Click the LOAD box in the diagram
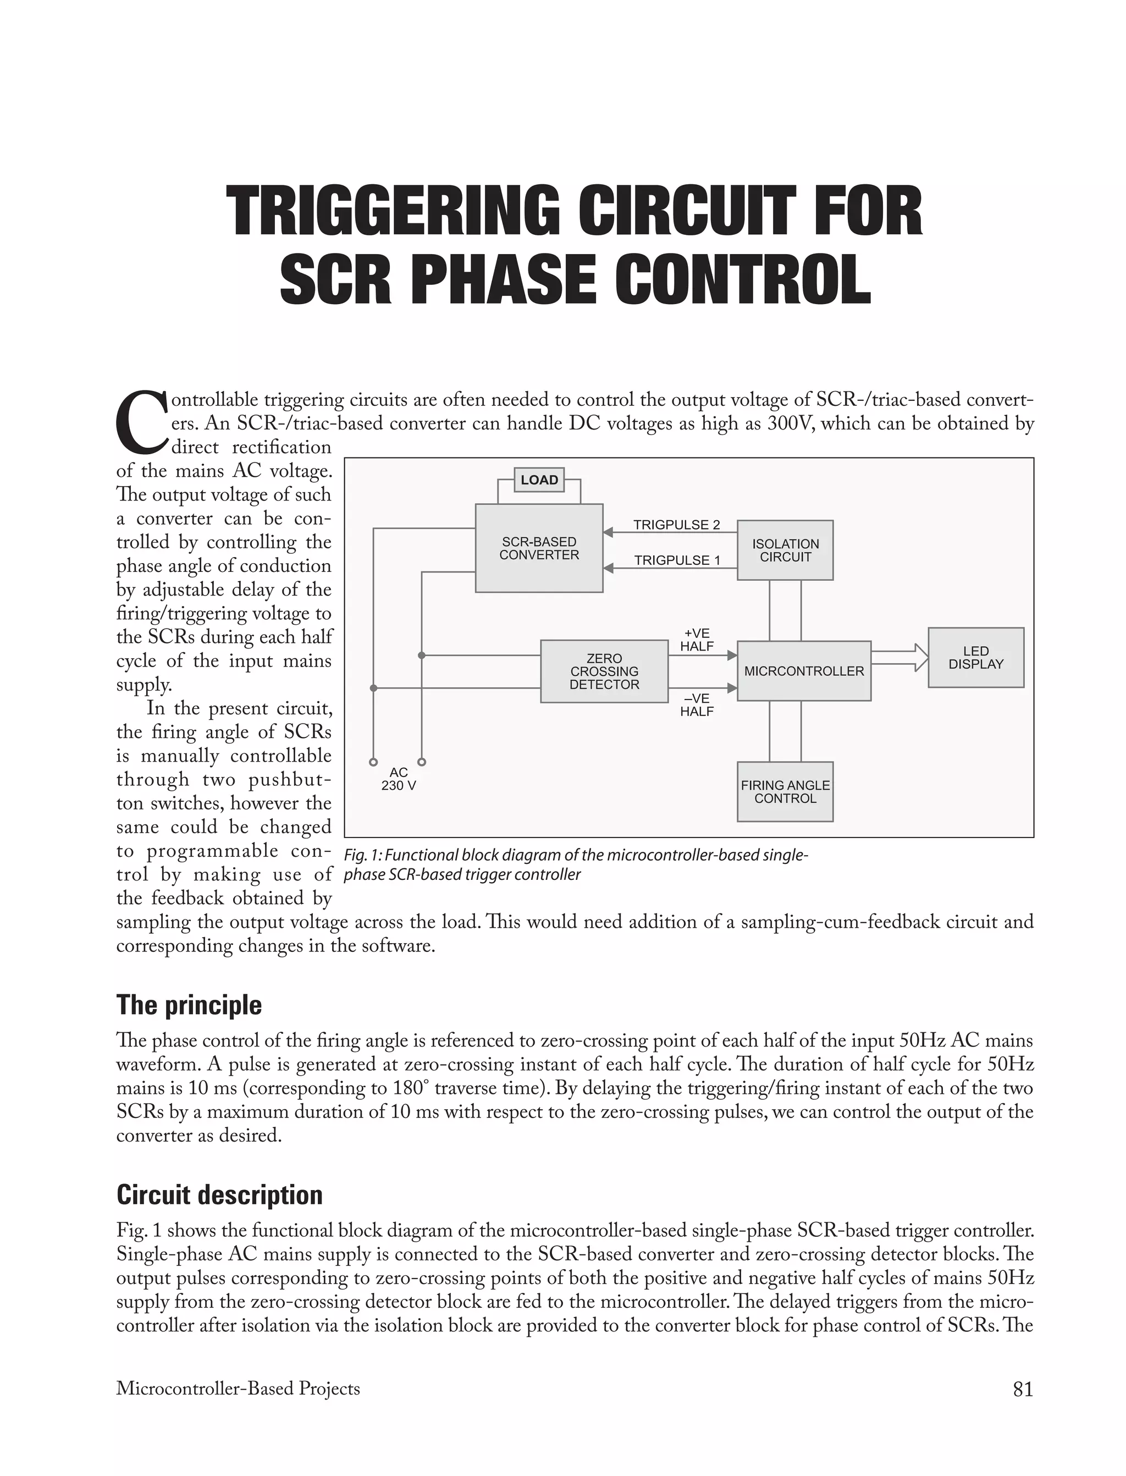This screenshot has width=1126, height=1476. pyautogui.click(x=539, y=480)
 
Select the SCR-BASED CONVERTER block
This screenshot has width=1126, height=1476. pyautogui.click(x=539, y=548)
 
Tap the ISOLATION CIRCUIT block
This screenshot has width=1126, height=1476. pyautogui.click(x=785, y=550)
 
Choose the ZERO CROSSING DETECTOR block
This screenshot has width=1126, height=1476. pyautogui.click(x=604, y=671)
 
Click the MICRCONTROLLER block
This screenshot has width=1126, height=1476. pyautogui.click(x=804, y=671)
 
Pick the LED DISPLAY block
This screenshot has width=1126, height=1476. pyautogui.click(x=975, y=658)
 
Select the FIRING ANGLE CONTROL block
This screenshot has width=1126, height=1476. pyautogui.click(x=785, y=792)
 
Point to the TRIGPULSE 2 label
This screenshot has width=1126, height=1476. pyautogui.click(x=676, y=525)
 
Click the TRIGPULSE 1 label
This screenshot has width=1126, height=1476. pyautogui.click(x=677, y=560)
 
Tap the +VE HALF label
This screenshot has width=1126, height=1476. pyautogui.click(x=697, y=640)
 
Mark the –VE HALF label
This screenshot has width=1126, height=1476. pyautogui.click(x=697, y=705)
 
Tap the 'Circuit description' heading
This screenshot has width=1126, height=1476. pyautogui.click(x=219, y=1194)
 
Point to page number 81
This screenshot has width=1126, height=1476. pyautogui.click(x=1023, y=1389)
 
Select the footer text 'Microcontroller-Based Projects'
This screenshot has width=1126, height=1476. pyautogui.click(x=238, y=1389)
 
